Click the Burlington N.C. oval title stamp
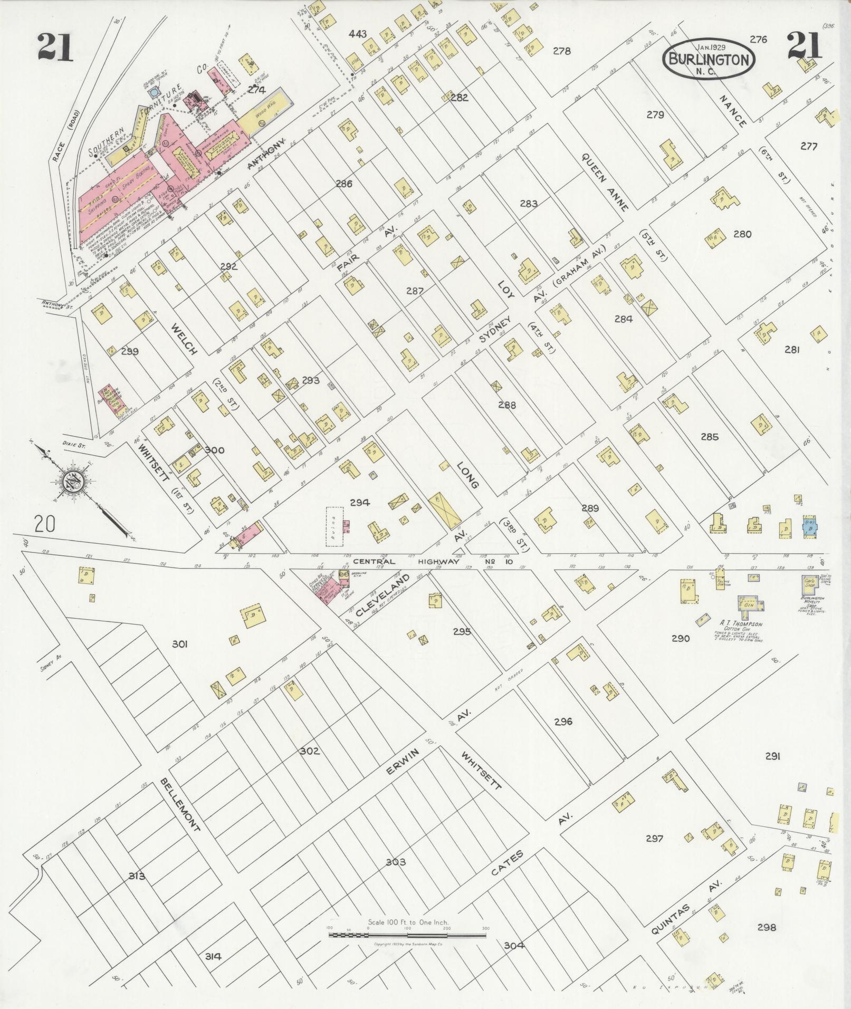709,59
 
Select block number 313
137,877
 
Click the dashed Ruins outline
334,526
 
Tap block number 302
309,751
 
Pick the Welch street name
184,339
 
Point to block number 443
357,34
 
